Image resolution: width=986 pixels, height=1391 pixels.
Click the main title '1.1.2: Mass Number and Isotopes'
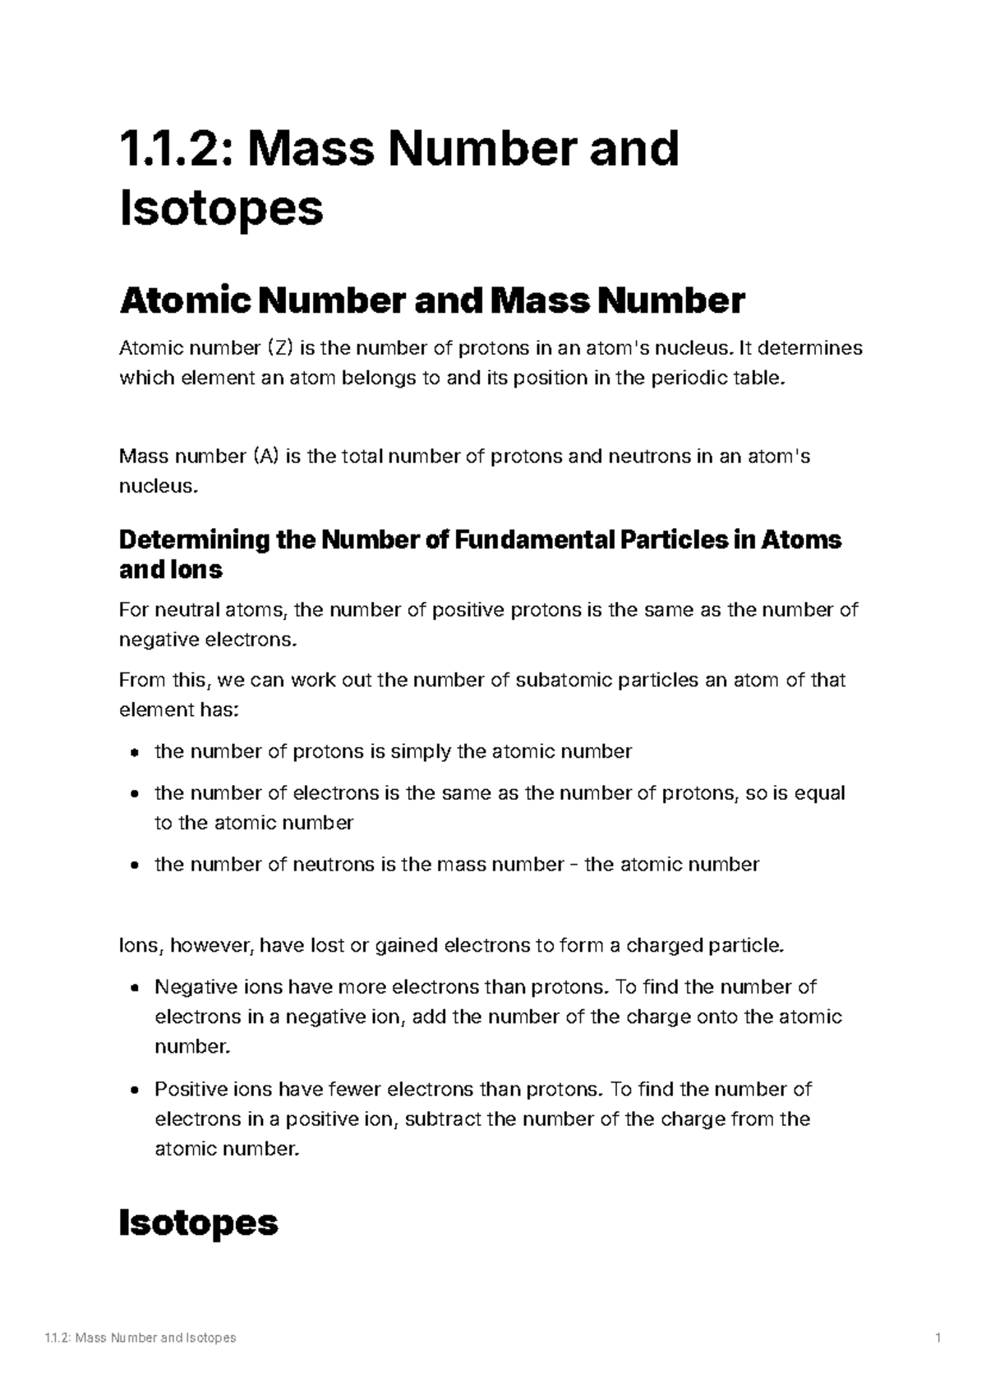click(399, 177)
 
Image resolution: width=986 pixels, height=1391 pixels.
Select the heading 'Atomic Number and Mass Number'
click(432, 301)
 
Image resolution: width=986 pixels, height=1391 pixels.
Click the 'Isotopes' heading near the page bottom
click(199, 1223)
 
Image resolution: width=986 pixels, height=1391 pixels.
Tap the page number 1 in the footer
click(937, 1338)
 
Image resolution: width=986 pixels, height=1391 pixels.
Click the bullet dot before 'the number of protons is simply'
click(134, 752)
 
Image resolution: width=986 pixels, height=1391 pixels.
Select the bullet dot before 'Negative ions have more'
click(134, 988)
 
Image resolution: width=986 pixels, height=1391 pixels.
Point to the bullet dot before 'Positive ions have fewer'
click(134, 1090)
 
